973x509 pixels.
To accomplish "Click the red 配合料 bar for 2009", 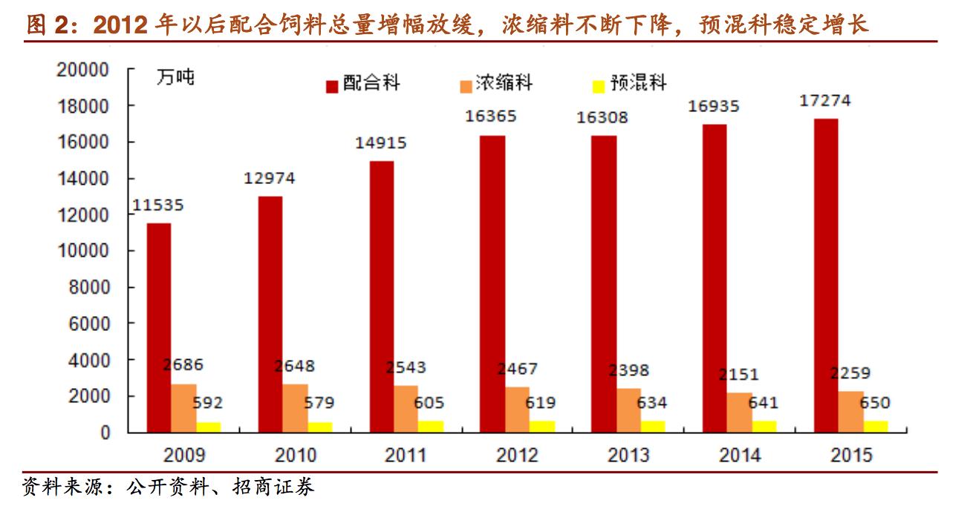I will point(158,327).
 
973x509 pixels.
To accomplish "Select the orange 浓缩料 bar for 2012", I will point(517,409).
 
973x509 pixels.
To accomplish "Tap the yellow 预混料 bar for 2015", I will point(876,426).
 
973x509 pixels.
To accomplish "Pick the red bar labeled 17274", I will point(826,275).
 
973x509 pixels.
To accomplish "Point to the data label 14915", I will point(381,143).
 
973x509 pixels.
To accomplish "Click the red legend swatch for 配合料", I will point(332,85).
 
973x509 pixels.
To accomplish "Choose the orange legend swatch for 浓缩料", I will point(466,85).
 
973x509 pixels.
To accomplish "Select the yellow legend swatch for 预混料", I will point(599,85).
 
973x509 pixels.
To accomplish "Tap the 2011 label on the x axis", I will point(406,455).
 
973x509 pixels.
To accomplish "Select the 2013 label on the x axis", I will point(628,455).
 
